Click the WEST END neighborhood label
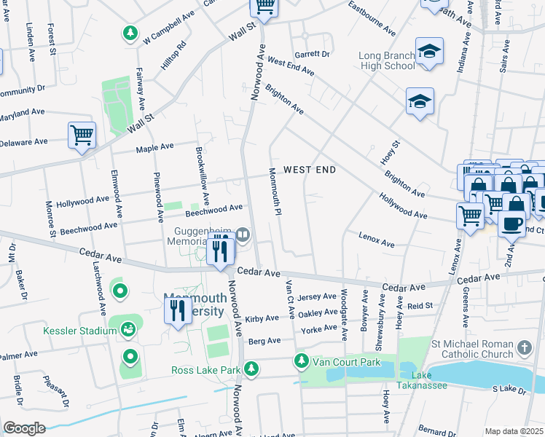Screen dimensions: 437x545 tap(309, 170)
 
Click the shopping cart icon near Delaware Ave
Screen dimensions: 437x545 tap(82, 135)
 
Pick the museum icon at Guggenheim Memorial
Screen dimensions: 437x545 tap(243, 235)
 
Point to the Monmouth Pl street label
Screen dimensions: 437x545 tap(274, 192)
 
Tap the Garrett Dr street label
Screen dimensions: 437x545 tap(312, 55)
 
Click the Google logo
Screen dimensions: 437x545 tap(24, 428)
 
